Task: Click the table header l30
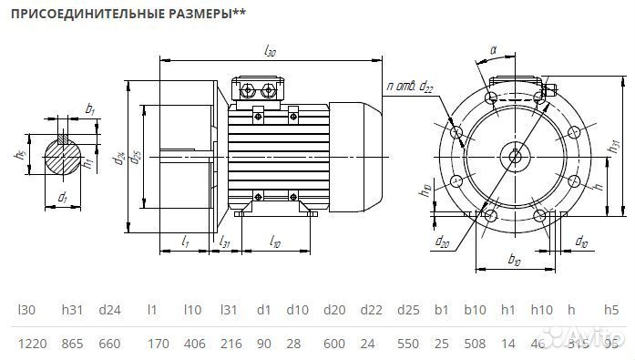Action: coord(26,310)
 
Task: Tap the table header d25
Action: coord(406,310)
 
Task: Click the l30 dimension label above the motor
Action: coord(270,52)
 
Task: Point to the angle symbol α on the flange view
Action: coord(492,51)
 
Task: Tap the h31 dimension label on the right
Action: coord(612,146)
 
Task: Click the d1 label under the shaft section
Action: coord(62,197)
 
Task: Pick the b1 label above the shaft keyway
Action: coord(89,109)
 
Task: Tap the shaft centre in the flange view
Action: coord(516,156)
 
